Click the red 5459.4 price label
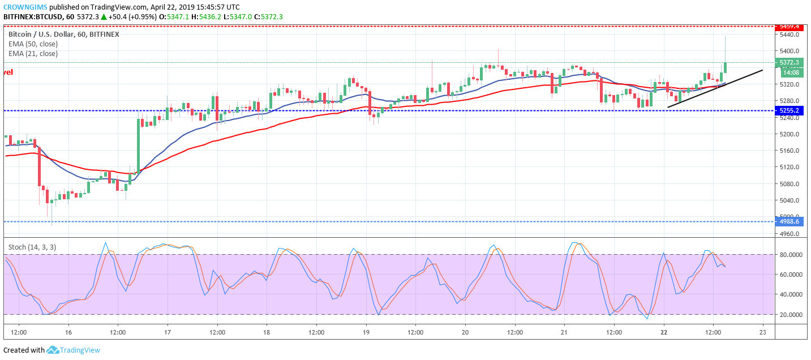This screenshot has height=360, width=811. [789, 26]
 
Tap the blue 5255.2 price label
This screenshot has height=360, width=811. [789, 111]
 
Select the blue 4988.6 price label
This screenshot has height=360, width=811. [789, 221]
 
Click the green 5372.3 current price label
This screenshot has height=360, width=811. [789, 63]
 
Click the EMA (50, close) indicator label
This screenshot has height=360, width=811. [33, 44]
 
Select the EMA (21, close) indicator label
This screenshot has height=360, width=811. [33, 54]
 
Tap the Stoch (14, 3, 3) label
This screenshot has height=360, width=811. [32, 247]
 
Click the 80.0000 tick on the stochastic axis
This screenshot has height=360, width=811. [791, 255]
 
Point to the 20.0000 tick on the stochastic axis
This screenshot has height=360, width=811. [791, 315]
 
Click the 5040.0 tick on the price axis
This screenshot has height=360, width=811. [789, 200]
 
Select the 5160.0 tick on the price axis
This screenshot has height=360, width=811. [789, 151]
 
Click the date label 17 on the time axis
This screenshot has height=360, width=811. [168, 332]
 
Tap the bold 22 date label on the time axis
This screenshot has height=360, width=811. [664, 332]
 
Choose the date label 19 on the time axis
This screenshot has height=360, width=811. [366, 332]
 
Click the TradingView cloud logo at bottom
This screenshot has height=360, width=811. [53, 350]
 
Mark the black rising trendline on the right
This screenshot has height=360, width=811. [715, 88]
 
